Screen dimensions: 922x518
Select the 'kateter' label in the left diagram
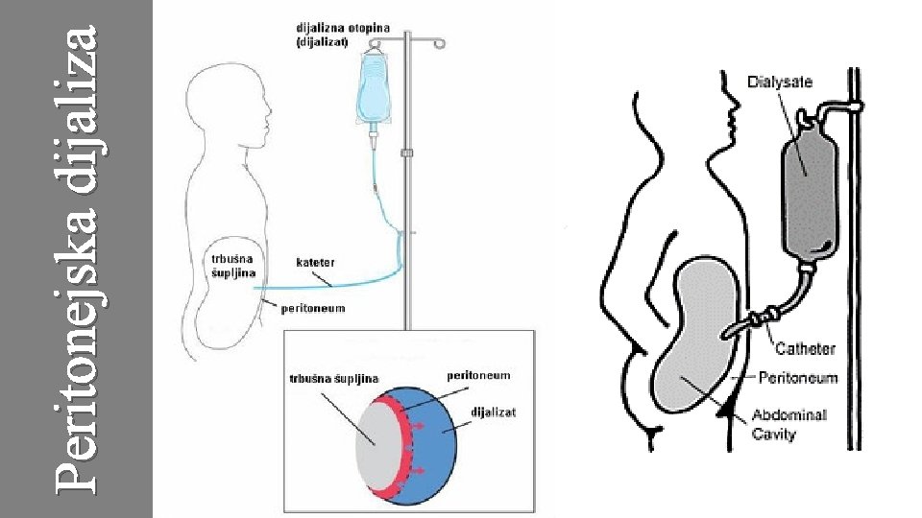pos(314,261)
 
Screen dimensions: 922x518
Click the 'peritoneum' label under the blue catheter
pos(312,309)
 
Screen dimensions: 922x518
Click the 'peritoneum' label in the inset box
pos(478,374)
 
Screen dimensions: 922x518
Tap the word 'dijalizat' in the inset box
pos(494,412)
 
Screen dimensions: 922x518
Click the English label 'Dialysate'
pos(779,82)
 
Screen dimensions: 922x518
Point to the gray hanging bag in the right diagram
pos(808,198)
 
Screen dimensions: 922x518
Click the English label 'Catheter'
pos(805,348)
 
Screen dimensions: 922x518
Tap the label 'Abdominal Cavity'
pos(788,424)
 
